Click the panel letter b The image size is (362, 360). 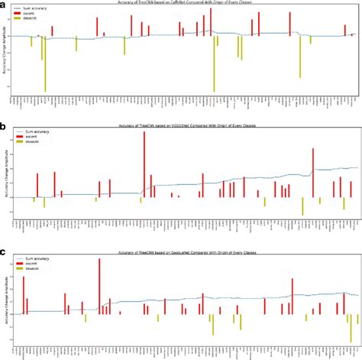[x=5, y=125]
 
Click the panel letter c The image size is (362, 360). [x=5, y=250]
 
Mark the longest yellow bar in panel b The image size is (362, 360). [x=303, y=206]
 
